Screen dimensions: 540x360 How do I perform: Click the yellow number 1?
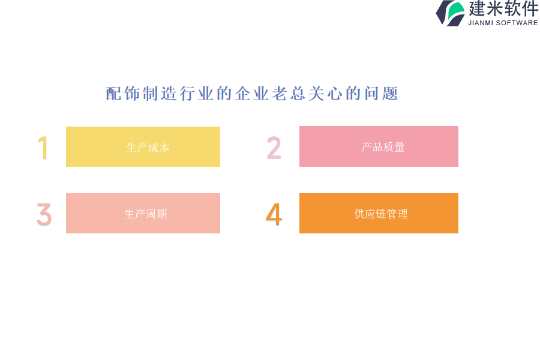[x=43, y=148]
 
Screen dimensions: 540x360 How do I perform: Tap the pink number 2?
[x=274, y=148]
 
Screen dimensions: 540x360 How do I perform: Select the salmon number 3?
[x=44, y=214]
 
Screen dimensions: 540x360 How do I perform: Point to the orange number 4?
[x=274, y=214]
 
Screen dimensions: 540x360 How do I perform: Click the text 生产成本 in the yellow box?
[x=148, y=148]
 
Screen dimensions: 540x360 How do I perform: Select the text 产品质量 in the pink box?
[x=383, y=147]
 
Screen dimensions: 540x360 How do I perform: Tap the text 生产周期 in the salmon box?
[x=146, y=214]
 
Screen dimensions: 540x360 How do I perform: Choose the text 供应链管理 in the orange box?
[x=381, y=214]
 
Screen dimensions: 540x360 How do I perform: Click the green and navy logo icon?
[x=450, y=13]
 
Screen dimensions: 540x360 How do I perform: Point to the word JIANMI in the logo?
[x=481, y=23]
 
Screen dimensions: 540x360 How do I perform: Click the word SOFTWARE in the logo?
[x=517, y=23]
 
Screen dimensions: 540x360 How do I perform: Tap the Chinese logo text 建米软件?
[x=503, y=8]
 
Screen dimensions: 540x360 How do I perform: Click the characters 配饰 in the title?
[x=122, y=94]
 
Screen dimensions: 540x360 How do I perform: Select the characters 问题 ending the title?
[x=381, y=94]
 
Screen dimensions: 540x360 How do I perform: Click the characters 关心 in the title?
[x=325, y=94]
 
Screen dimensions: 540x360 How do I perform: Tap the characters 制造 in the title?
[x=160, y=94]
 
